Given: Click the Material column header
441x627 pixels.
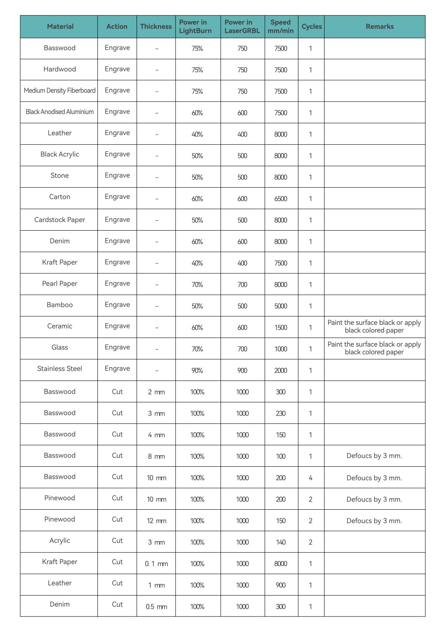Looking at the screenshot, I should [x=60, y=27].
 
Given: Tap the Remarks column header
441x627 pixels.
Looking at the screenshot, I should [x=380, y=27].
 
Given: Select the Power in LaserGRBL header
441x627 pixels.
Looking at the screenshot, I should [x=242, y=27].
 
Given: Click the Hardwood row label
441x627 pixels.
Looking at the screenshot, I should [x=59, y=69].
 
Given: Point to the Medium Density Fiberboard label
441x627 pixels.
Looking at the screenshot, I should [x=59, y=91].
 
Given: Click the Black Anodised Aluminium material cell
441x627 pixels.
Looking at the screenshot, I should [x=59, y=112].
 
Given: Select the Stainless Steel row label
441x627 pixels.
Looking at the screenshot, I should [x=59, y=369].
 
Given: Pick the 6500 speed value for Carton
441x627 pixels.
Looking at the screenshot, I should [x=280, y=199].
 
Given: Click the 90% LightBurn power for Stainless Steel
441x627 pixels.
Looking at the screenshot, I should [x=197, y=370].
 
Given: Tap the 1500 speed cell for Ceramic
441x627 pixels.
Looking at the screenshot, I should [x=280, y=328].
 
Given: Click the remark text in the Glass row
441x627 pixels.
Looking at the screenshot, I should [x=374, y=348].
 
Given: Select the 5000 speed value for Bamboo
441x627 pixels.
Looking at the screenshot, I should [x=280, y=306].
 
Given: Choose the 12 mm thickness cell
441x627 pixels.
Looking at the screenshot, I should [x=156, y=521].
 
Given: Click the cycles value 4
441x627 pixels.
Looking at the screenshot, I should [x=310, y=478].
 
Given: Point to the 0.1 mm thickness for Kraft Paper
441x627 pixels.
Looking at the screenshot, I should [x=156, y=564].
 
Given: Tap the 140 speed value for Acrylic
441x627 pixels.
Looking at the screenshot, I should [x=280, y=542].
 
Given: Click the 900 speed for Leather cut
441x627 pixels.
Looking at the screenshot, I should [x=280, y=585].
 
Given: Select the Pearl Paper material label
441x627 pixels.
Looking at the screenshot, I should [x=59, y=284].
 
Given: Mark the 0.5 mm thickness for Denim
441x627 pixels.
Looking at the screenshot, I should [x=156, y=607].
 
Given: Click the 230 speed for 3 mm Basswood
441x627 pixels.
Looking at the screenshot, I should [x=280, y=413].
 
